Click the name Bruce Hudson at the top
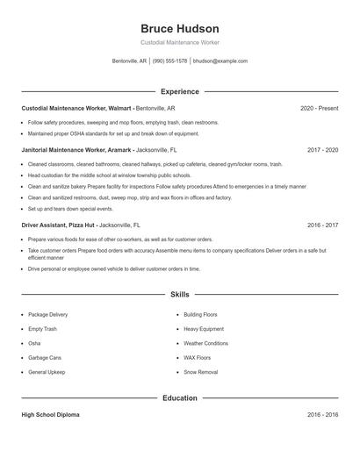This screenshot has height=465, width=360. coord(180,28)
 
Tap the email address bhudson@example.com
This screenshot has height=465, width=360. coord(220,61)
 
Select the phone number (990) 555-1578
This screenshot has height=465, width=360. coord(169,61)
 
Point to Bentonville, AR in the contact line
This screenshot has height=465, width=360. coord(130,61)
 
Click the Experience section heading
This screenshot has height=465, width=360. coord(180,91)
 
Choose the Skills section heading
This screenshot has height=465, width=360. coord(180,295)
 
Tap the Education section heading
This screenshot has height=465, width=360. coord(180,398)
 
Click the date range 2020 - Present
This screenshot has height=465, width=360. coord(319,108)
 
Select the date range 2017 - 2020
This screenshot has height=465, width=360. coord(322,150)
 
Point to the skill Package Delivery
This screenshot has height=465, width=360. coord(47,314)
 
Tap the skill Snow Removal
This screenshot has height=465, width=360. coord(201,372)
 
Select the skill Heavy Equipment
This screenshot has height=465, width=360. coord(204,329)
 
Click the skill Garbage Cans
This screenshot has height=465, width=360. coord(45,358)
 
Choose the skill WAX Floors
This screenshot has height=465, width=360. coord(198,358)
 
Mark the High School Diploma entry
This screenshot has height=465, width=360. coord(50,415)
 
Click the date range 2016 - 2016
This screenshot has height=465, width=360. coord(322,415)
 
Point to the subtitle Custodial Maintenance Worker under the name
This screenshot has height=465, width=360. coord(180,42)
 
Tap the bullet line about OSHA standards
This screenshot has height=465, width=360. coord(113,134)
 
